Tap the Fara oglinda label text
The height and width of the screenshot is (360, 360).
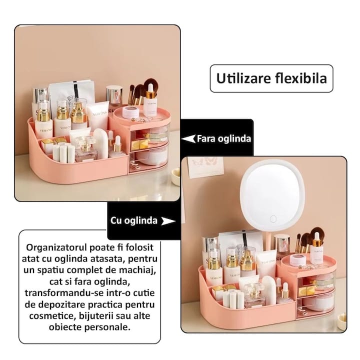[x=223, y=138]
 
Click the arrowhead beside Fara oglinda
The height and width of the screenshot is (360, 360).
[x=188, y=138]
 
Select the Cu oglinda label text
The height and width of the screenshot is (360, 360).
[x=134, y=220]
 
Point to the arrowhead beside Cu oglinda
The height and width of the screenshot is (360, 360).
[x=169, y=220]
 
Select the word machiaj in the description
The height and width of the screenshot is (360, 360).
[x=138, y=270]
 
